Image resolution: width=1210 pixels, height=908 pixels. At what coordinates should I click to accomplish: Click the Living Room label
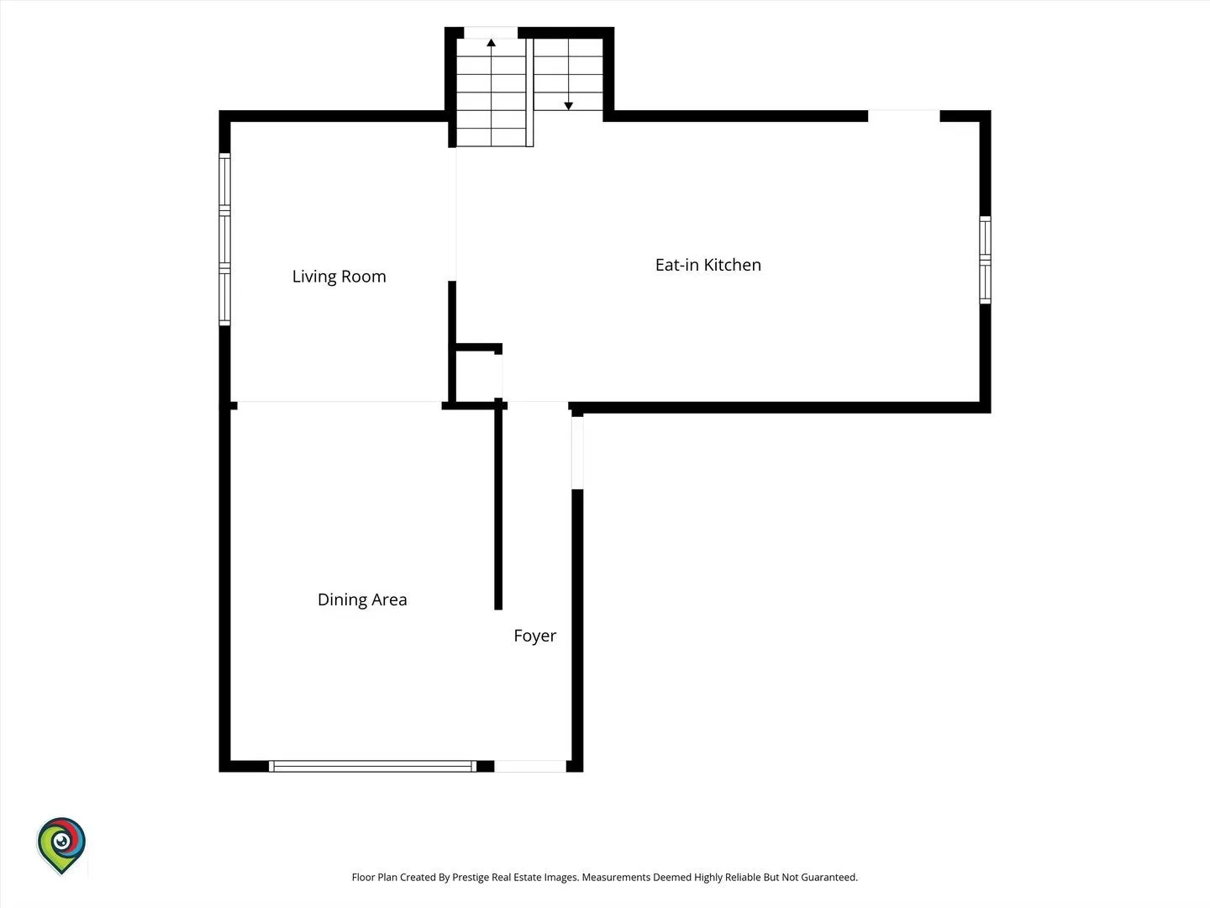tap(339, 277)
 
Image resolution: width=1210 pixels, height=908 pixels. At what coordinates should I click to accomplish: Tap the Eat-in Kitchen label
tap(708, 265)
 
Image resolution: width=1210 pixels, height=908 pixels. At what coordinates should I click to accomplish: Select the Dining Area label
tap(362, 599)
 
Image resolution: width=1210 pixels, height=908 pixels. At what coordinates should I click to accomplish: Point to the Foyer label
tap(534, 636)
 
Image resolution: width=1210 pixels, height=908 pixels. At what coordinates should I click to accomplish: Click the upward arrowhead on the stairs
tap(492, 42)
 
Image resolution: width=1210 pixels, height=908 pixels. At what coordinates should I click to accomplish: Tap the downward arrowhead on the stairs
tap(568, 106)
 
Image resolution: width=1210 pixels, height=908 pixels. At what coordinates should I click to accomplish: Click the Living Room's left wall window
tap(224, 240)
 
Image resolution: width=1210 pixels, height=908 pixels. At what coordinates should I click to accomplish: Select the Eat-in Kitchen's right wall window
tap(985, 260)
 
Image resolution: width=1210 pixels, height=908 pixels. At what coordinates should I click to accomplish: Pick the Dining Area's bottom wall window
tap(372, 766)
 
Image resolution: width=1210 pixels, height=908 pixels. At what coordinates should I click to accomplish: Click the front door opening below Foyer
tap(529, 766)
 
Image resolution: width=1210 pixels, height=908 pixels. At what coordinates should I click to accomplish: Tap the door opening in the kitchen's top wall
tap(903, 116)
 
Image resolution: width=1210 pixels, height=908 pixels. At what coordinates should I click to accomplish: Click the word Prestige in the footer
tap(471, 877)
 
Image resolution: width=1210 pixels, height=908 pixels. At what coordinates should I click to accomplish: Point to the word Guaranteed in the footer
tap(829, 877)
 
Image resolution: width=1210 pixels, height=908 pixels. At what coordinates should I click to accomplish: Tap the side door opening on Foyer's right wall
tap(577, 452)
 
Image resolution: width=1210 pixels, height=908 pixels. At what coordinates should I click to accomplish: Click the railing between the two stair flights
tap(529, 92)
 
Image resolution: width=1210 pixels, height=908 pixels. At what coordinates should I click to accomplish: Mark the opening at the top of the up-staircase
tap(491, 33)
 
